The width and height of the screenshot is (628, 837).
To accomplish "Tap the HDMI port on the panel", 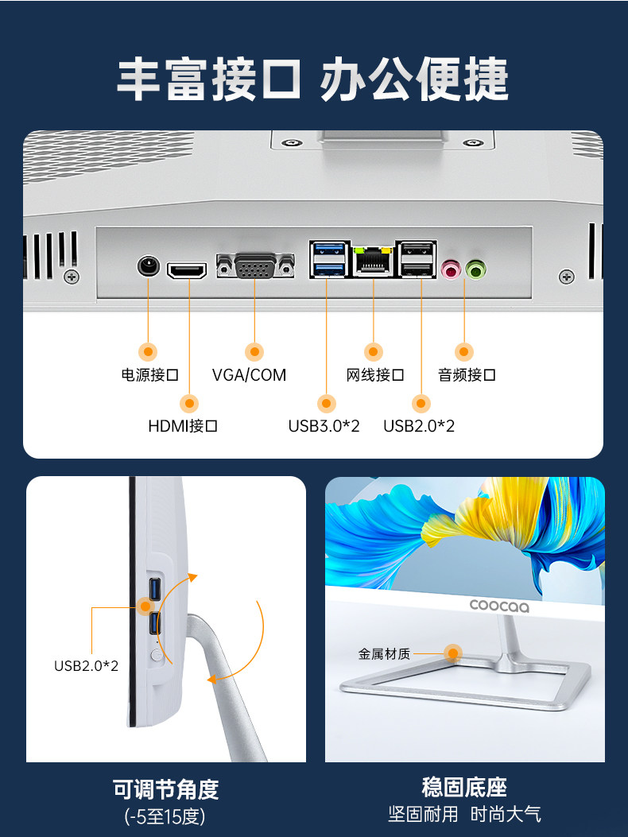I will [187, 271].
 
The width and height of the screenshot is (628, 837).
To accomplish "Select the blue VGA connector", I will [255, 266].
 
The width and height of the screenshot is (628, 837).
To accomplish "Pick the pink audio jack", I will [451, 270].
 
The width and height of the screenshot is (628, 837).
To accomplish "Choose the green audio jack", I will [476, 270].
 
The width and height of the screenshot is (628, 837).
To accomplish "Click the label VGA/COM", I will [249, 375].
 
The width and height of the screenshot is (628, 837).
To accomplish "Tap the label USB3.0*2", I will [324, 426].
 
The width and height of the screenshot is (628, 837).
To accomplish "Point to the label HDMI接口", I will [183, 426].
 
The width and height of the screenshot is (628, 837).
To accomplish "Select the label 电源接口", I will [149, 375].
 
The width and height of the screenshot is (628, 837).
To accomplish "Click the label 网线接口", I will [375, 375].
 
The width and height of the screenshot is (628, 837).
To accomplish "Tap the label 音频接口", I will [467, 375].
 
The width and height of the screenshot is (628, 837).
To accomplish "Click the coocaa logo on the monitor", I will [499, 605].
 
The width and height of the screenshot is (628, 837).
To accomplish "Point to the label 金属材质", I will [384, 654].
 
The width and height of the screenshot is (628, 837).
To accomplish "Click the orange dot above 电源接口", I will [149, 351].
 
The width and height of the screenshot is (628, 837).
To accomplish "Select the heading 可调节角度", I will [165, 789].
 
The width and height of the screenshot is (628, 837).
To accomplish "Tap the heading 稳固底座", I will [464, 788].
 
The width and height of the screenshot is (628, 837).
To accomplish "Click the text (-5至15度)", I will [165, 816].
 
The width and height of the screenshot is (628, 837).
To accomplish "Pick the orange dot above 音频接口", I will [465, 351].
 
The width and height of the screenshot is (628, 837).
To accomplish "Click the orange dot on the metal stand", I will [453, 653].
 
